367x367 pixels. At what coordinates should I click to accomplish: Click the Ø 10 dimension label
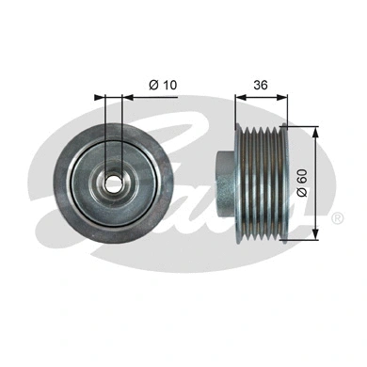(163, 86)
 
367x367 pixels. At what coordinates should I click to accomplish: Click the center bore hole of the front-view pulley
(113, 181)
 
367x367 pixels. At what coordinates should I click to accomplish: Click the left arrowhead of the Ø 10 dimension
(100, 96)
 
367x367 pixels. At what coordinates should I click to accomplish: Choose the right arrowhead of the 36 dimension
(286, 96)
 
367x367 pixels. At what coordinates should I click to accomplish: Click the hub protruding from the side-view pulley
(224, 181)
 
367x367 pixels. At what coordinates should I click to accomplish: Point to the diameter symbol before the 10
(152, 86)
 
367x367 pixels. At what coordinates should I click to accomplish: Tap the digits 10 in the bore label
(168, 86)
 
